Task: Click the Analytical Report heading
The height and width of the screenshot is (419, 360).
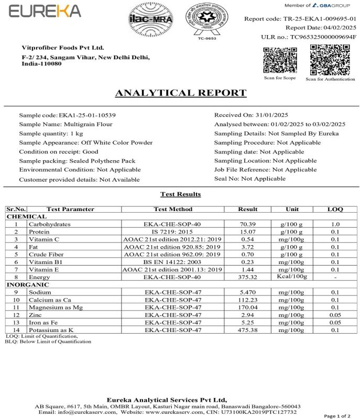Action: [x=180, y=93]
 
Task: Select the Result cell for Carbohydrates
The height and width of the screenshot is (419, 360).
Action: [x=247, y=223]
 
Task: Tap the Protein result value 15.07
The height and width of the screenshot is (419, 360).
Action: [x=247, y=231]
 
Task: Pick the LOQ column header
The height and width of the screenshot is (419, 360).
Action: [x=334, y=209]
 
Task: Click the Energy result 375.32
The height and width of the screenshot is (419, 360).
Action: [x=247, y=277]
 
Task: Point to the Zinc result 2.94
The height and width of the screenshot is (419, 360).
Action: [x=247, y=315]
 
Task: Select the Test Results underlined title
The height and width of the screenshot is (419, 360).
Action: [x=180, y=194]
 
